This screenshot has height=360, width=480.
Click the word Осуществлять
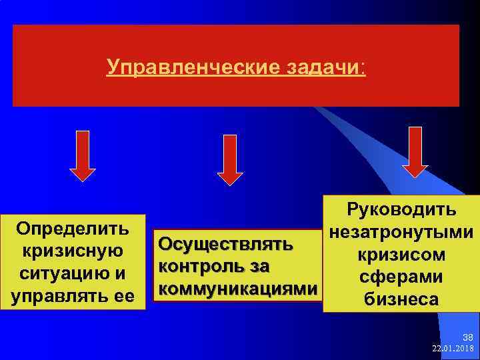click(224, 244)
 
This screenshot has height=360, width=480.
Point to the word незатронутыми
click(401, 233)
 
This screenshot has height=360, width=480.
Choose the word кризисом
click(401, 255)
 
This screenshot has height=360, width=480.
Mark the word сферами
click(401, 277)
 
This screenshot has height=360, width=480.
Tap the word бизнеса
click(401, 299)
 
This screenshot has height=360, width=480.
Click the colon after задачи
click(362, 67)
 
